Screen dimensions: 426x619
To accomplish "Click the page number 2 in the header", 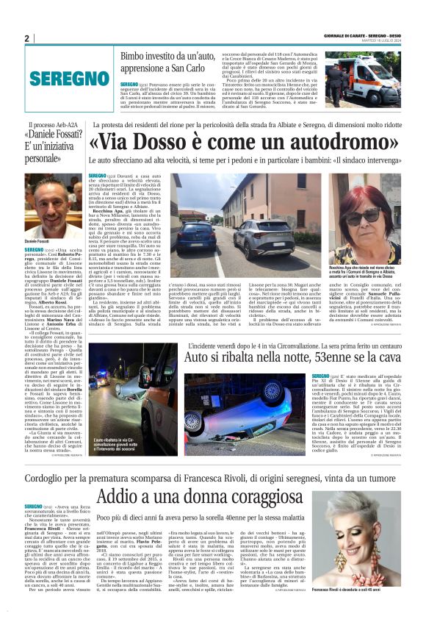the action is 26,39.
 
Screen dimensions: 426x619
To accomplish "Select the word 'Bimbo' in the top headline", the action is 136,55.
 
